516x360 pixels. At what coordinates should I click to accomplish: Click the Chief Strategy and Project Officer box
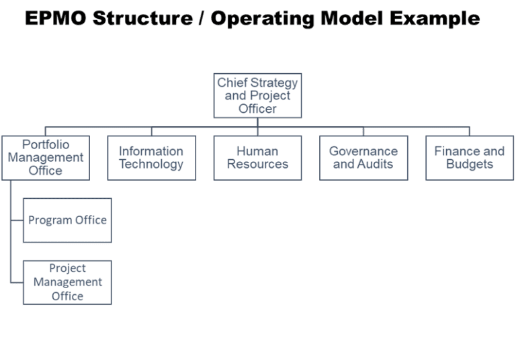point(257,95)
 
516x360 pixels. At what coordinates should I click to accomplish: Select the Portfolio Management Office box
point(45,158)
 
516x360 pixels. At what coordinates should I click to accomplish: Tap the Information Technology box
point(151,158)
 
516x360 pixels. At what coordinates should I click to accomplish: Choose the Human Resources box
point(257,158)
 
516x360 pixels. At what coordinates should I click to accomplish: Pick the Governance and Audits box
point(363,158)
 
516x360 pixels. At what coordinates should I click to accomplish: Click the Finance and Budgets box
point(469,158)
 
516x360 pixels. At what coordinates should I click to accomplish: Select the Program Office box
point(67,220)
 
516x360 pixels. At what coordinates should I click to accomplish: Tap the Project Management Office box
point(67,283)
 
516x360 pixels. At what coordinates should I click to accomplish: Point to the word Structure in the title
point(141,18)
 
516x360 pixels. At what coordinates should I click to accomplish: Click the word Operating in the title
point(262,18)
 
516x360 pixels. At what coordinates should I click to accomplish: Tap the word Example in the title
point(437,18)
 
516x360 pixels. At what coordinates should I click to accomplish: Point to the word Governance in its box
point(363,151)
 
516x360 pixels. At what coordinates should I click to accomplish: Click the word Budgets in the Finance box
point(469,165)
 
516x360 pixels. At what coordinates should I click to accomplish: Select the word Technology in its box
point(151,165)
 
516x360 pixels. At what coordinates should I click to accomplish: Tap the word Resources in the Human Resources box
point(257,165)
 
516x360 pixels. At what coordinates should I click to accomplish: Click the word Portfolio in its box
point(46,144)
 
